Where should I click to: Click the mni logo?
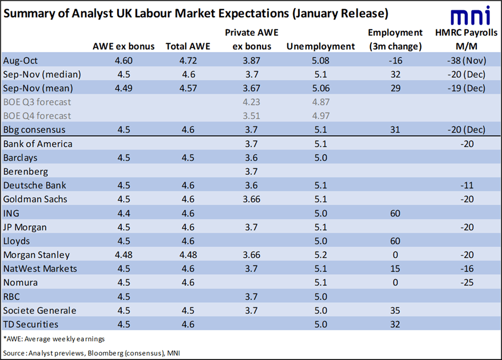469,15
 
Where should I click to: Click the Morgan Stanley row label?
37,255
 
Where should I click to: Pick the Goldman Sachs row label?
35,199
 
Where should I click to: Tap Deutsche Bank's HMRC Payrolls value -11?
466,185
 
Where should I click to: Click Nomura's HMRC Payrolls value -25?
466,282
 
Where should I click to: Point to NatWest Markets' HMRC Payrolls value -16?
466,269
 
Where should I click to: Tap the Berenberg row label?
26,171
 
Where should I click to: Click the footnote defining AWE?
50,338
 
